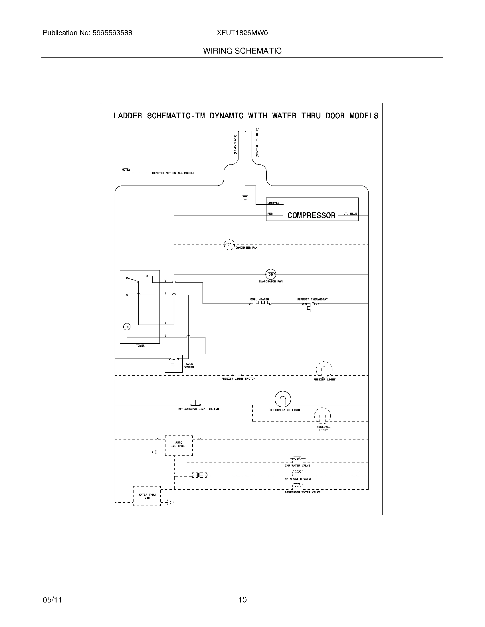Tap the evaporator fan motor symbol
270,274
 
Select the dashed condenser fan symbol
229,245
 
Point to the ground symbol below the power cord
245,198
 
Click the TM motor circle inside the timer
127,327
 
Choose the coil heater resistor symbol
260,303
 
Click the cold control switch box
173,363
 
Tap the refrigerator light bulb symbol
283,399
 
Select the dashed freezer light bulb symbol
324,369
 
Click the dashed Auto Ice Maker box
179,445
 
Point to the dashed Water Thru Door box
147,496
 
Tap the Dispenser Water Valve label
302,492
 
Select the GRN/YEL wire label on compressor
273,203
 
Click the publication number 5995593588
112,33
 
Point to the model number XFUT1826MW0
242,33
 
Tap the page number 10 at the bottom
242,599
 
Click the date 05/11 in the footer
52,599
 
